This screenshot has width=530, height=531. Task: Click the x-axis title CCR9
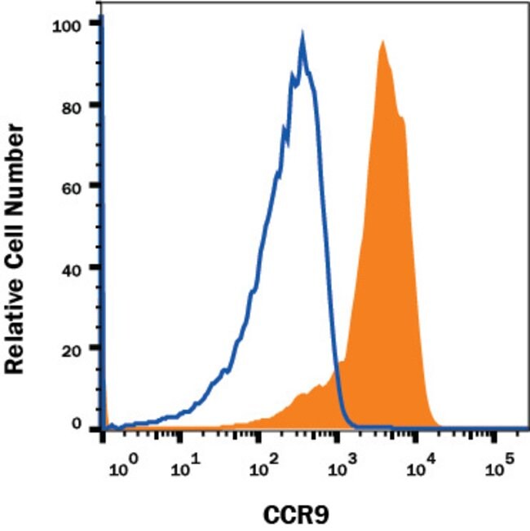click(x=295, y=515)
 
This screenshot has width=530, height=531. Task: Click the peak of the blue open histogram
click(x=303, y=37)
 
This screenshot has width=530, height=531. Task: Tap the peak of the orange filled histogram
click(x=381, y=42)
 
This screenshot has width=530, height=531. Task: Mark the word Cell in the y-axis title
click(x=15, y=230)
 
